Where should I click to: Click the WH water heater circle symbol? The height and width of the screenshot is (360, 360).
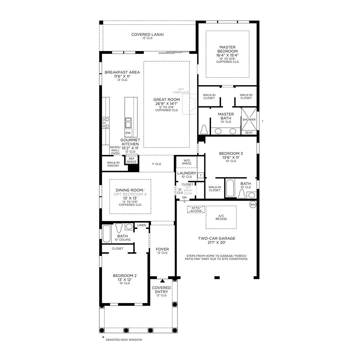click(x=253, y=205)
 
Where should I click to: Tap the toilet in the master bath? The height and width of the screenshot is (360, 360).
click(x=204, y=129)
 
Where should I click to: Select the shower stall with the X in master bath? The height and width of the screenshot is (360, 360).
click(x=249, y=119)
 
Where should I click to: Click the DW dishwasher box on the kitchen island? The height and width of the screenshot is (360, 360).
click(x=128, y=133)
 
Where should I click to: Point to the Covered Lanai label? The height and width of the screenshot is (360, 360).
click(x=147, y=34)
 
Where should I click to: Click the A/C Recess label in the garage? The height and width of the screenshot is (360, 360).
click(x=221, y=217)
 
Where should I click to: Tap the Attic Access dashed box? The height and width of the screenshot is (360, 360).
click(x=196, y=209)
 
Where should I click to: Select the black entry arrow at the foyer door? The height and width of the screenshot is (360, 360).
click(x=163, y=281)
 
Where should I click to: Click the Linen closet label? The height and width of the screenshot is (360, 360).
click(x=142, y=225)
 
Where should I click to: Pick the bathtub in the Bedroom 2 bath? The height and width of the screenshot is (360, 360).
click(x=107, y=234)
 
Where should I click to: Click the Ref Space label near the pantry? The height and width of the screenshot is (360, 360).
click(x=132, y=160)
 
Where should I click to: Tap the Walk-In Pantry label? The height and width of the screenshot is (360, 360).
click(x=113, y=164)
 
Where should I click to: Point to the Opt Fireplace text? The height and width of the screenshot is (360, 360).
click(x=181, y=91)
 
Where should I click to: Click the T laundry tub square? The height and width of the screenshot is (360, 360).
click(x=201, y=175)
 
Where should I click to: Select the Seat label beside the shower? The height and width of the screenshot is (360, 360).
click(x=249, y=133)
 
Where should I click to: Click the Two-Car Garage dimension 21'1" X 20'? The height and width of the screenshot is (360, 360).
click(x=217, y=242)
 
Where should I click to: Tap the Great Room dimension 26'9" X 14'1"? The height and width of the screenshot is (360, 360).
click(x=166, y=104)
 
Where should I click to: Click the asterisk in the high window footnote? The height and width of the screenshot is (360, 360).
click(x=103, y=337)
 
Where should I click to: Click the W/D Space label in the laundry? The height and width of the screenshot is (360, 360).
click(x=187, y=162)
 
